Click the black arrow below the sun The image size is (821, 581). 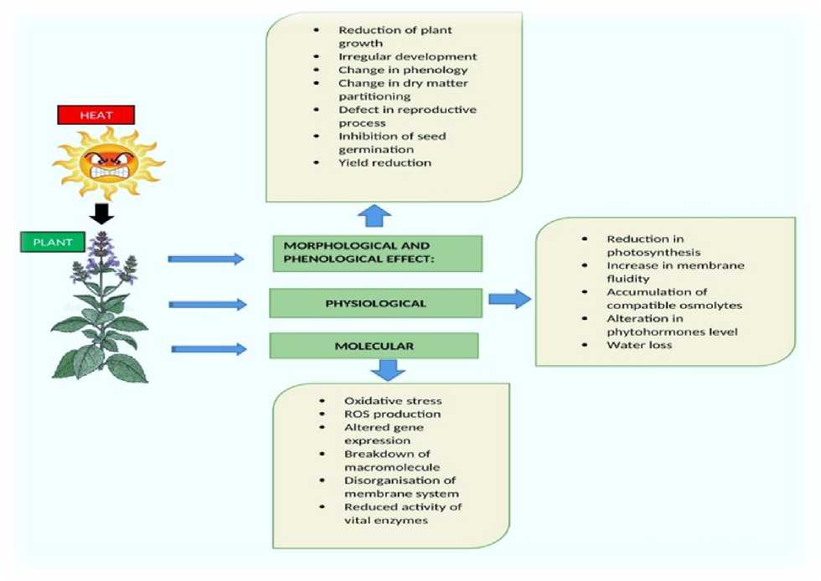pyautogui.click(x=101, y=214)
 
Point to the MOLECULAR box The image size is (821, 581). pyautogui.click(x=374, y=345)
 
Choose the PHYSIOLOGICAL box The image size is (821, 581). pyautogui.click(x=375, y=303)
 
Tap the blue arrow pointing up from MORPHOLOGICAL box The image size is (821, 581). pyautogui.click(x=374, y=217)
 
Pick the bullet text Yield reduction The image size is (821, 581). pyautogui.click(x=385, y=162)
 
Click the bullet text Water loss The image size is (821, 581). pyautogui.click(x=639, y=345)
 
